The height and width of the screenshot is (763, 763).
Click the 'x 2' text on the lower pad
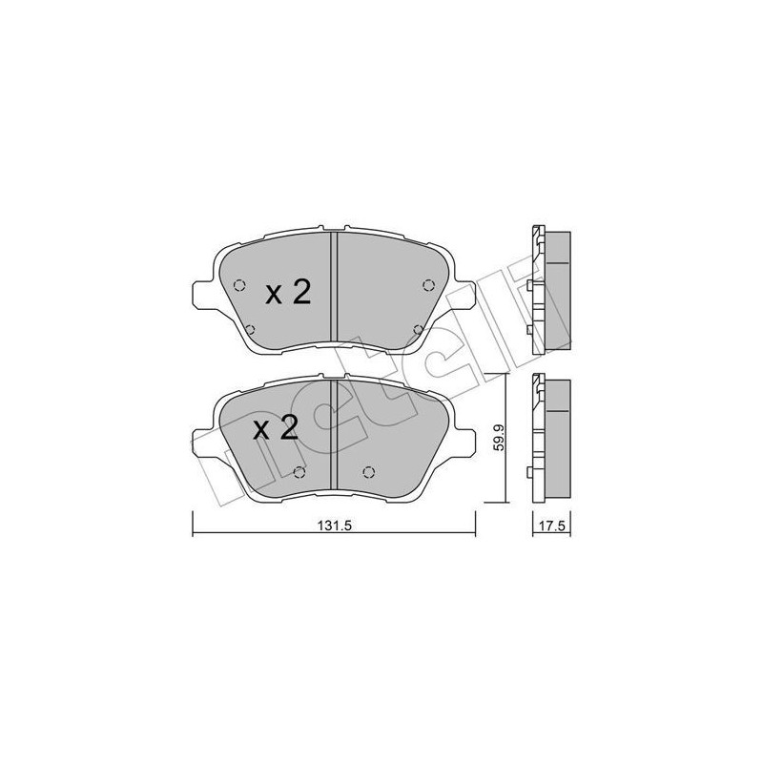276,428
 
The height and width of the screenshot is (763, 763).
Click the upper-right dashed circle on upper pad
428,283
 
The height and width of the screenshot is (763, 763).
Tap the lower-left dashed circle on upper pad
251,330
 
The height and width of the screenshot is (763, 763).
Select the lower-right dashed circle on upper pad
419,330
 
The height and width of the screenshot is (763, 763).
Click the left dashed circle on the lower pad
299,471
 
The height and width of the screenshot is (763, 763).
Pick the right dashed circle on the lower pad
370,470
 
